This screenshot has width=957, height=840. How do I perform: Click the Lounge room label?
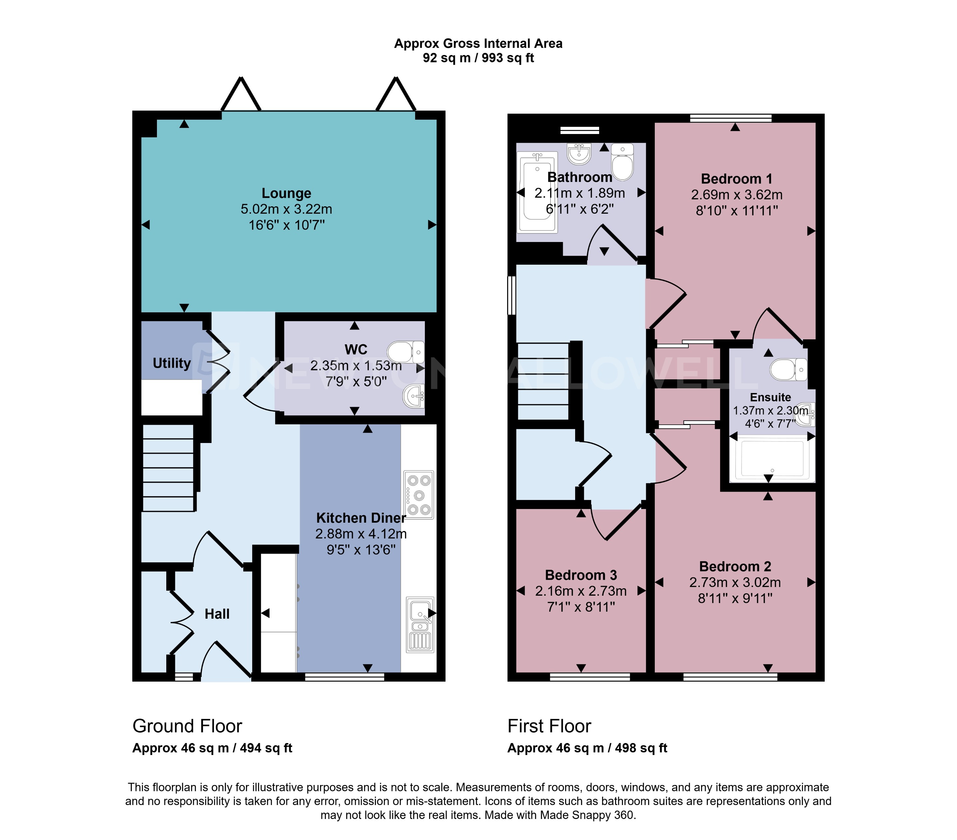coord(286,193)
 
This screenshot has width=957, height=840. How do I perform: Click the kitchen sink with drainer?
coord(420,625)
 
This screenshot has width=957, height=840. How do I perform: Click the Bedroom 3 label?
coord(580,575)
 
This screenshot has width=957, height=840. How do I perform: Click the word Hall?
coord(217,614)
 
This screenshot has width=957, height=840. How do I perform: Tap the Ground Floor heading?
coord(187,726)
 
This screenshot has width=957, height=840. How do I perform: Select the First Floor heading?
coord(549,726)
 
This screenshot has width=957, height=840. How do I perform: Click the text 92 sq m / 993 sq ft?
coord(478,58)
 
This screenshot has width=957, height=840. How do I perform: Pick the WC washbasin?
coord(414,396)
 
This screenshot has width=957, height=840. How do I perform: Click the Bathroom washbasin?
coord(579,153)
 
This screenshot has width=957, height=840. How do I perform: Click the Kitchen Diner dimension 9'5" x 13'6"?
coord(361,550)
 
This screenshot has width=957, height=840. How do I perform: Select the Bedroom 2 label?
coord(735,566)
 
